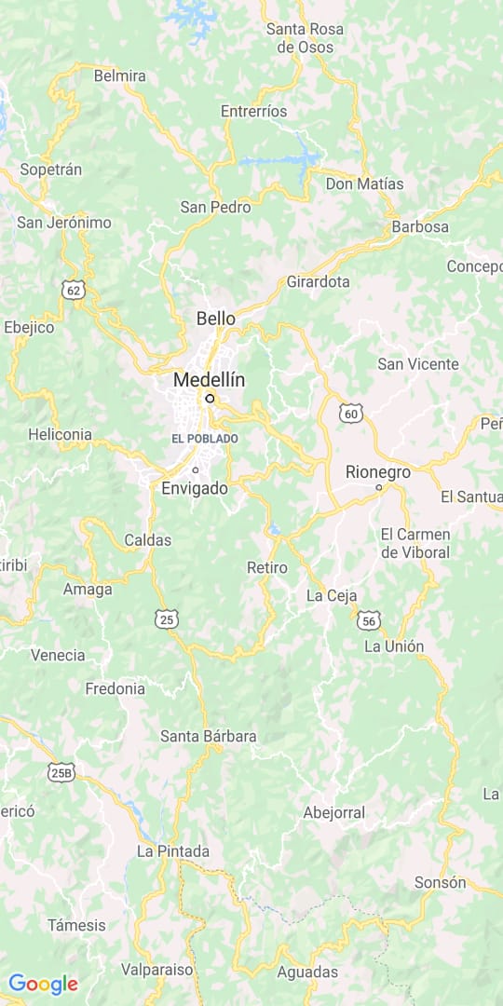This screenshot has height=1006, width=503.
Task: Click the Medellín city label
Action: (209, 380)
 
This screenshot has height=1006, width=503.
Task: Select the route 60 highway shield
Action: (350, 413)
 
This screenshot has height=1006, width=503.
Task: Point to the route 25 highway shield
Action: (167, 619)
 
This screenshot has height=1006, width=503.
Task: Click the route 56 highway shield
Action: (371, 621)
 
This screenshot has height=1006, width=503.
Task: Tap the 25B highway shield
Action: (61, 772)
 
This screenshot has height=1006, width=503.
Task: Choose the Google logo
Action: (43, 984)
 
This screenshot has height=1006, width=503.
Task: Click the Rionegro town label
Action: (377, 472)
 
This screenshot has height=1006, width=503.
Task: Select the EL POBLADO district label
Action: (205, 439)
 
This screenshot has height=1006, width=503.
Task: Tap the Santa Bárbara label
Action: (208, 736)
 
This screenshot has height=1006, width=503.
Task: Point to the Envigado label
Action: (194, 488)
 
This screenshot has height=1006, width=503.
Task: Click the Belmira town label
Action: (119, 75)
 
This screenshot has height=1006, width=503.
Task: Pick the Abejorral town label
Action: (333, 812)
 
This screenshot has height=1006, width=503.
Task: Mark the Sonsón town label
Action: (440, 882)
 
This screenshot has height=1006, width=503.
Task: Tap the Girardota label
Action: (318, 281)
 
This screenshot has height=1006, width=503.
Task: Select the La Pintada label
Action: (173, 850)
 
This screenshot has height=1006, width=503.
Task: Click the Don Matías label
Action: (364, 184)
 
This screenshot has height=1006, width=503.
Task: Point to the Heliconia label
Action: (60, 434)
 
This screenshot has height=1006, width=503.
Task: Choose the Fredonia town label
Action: (115, 689)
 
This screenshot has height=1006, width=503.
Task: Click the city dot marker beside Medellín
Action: (211, 398)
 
